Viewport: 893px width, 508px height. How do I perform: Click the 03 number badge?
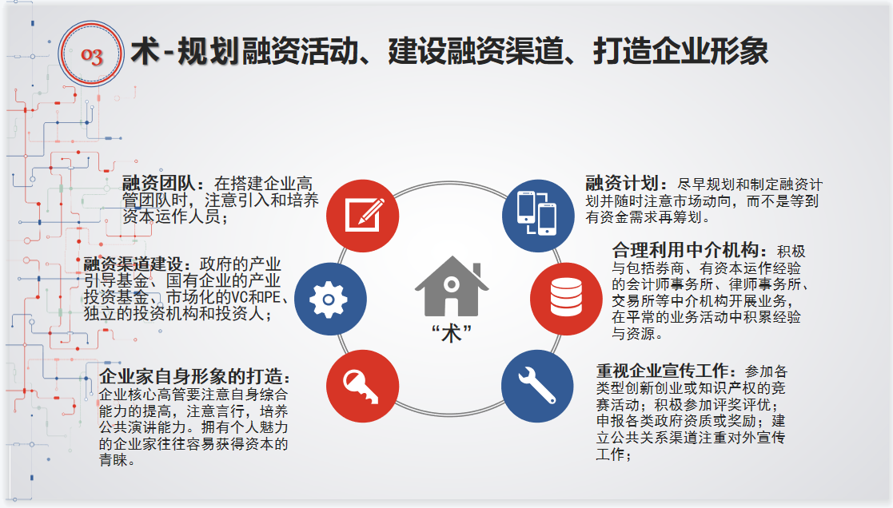tap(91, 54)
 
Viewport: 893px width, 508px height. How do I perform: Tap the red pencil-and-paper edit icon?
tap(363, 216)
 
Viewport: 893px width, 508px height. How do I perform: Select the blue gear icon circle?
tap(330, 299)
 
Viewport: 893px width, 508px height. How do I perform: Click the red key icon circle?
tap(363, 386)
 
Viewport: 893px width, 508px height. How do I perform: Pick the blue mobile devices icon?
tap(537, 216)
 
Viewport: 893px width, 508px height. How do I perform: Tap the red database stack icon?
tap(566, 298)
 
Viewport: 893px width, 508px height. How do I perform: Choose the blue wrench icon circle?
tap(537, 386)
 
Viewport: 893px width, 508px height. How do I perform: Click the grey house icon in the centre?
tap(452, 286)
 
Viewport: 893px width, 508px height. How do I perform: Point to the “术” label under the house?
tap(452, 333)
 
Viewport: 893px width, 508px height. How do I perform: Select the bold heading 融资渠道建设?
tap(134, 264)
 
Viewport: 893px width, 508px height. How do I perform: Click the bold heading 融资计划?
tap(623, 183)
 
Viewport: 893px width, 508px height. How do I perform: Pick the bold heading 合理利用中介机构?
tap(686, 250)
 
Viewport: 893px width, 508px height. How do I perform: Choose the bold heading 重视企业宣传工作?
tap(662, 371)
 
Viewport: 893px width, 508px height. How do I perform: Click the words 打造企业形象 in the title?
tap(680, 50)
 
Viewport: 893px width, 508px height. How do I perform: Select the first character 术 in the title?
tap(145, 50)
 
